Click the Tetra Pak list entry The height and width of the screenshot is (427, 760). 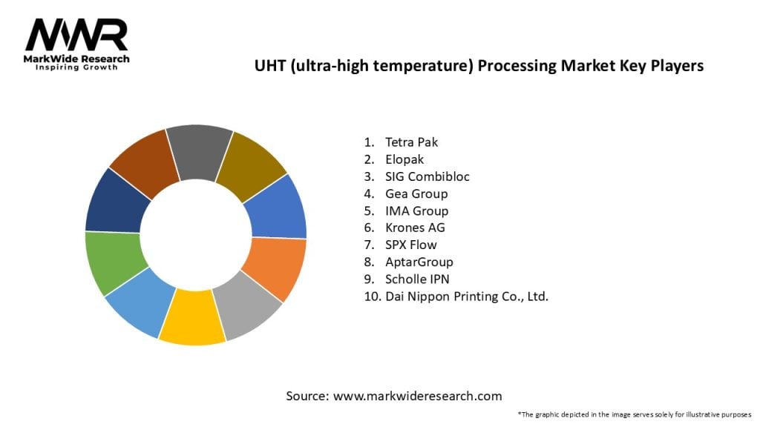[411, 142]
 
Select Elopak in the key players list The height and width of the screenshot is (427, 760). [404, 159]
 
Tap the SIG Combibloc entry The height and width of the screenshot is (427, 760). [427, 176]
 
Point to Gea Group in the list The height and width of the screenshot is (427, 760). [416, 193]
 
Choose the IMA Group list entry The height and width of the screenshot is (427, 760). [416, 211]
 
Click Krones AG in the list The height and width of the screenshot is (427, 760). [414, 228]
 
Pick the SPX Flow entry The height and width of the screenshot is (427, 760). [410, 245]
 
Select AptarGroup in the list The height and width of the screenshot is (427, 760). [419, 262]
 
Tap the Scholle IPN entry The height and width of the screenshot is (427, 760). [416, 279]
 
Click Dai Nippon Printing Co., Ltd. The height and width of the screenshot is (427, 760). [466, 296]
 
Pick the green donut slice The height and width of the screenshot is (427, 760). [113, 261]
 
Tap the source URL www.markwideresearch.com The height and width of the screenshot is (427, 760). [417, 396]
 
